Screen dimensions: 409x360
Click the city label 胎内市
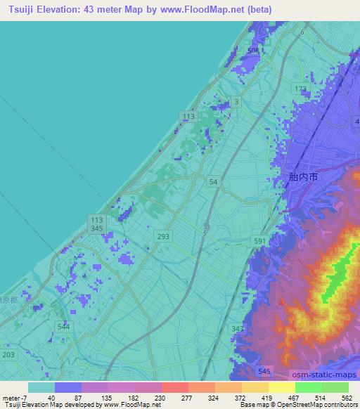pos(303,178)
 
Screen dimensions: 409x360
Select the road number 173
pos(301,89)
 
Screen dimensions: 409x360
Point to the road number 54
pos(213,181)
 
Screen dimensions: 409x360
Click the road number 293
pos(163,236)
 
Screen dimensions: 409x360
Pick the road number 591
pos(260,241)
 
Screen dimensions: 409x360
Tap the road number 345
pos(97,229)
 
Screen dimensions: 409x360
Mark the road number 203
pos(8,356)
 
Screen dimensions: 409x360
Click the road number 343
pos(237,328)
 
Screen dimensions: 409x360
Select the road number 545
pos(264,370)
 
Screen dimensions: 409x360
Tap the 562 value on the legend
pos(347,398)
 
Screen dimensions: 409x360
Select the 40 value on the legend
pos(51,398)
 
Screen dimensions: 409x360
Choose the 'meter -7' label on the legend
pos(13,398)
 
